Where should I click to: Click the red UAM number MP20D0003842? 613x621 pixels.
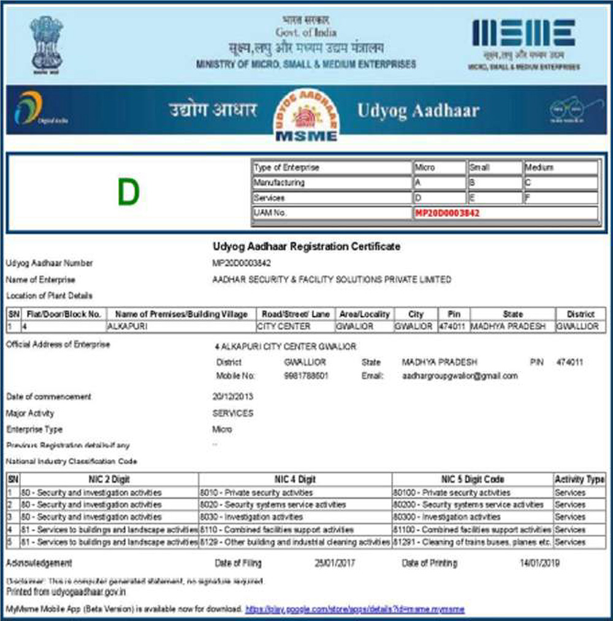pos(447,213)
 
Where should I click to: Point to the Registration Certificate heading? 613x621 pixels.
pos(306,246)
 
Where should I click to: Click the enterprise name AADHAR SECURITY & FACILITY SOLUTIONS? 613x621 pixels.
pos(331,280)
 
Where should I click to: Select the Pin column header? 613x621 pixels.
pos(454,314)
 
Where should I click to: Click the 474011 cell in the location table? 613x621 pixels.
pos(453,327)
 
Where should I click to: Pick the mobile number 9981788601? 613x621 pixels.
pos(306,376)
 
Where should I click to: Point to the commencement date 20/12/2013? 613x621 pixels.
pos(233,397)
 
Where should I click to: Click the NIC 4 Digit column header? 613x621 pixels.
pos(295,479)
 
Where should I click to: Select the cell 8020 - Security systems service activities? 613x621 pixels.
pos(273,505)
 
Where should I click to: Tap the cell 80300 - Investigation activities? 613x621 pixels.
pos(446,517)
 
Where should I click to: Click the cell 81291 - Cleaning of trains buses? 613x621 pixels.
pos(472,542)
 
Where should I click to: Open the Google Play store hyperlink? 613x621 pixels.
pos(355,609)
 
